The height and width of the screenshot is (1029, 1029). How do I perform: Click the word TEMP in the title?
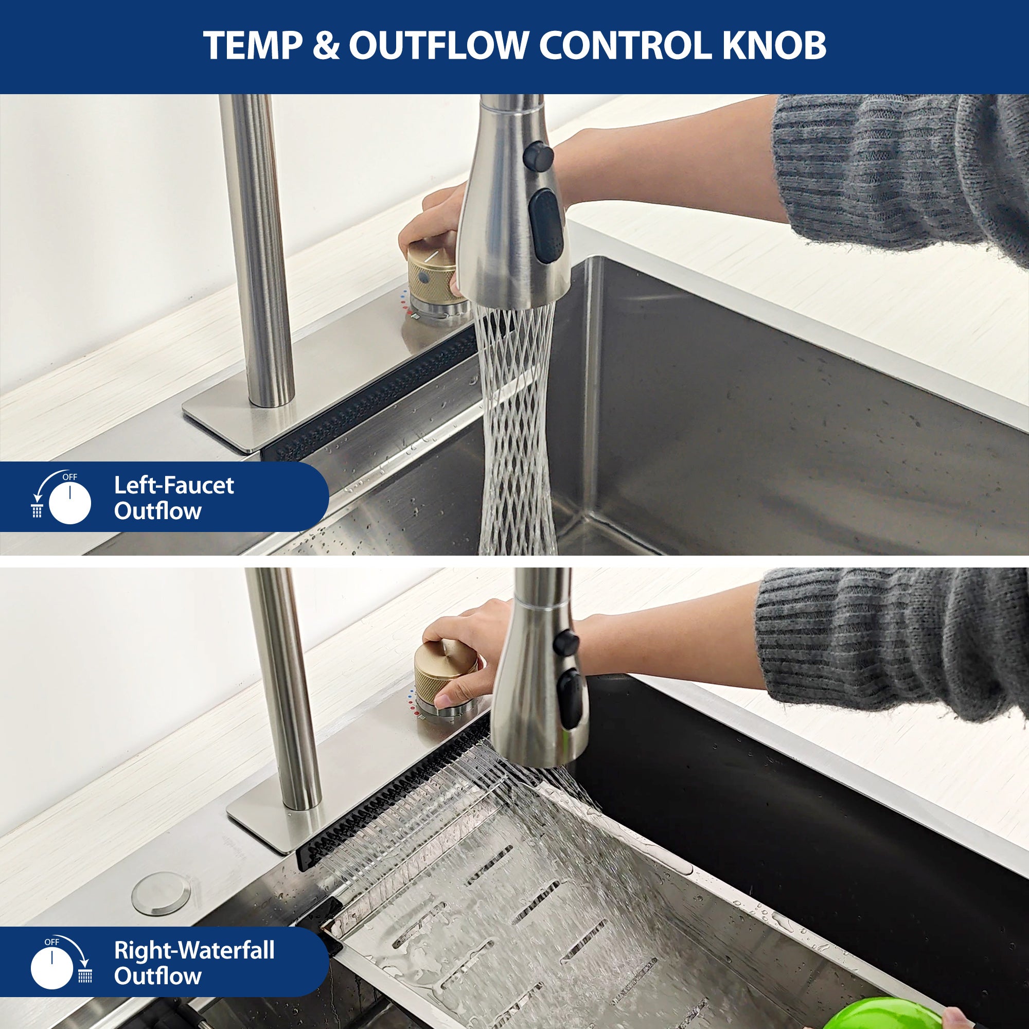253,46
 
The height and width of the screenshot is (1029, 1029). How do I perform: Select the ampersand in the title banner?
326,46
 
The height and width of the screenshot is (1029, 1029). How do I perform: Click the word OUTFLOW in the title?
438,46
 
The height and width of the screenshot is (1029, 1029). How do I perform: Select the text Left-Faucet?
173,485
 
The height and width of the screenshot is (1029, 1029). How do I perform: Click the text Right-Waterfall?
194,950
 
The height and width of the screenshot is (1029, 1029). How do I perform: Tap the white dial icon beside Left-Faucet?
70,502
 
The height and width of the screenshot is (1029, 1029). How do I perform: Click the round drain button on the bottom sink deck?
161,893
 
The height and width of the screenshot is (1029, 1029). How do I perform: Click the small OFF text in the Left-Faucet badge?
70,477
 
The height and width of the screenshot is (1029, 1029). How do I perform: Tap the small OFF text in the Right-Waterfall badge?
51,942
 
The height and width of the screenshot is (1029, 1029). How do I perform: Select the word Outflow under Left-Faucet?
157,511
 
